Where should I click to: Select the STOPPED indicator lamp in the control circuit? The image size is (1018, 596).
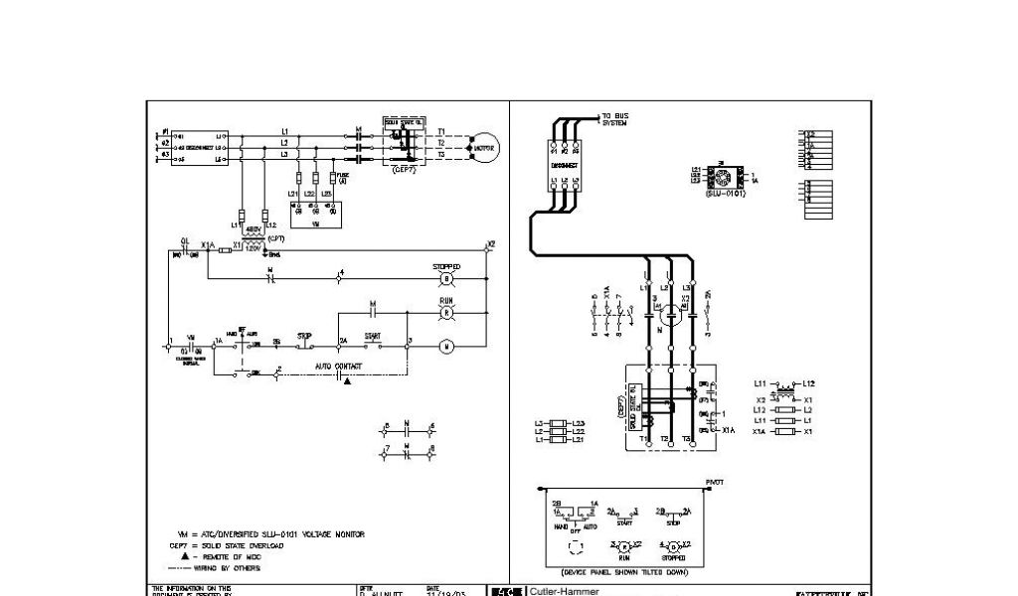[446, 281]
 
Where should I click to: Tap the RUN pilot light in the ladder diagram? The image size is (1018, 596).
[446, 313]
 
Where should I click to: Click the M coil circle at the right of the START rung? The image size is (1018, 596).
[446, 347]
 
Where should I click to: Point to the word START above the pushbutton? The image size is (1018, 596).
[373, 336]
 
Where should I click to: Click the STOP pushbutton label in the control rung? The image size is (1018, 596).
[305, 336]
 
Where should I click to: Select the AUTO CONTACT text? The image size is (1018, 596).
[339, 367]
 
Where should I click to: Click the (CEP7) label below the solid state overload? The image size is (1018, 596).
[404, 170]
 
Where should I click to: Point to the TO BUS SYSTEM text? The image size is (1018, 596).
[615, 119]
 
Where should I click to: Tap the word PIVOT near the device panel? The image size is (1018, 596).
[715, 482]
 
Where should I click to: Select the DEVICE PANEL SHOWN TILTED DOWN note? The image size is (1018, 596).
[623, 572]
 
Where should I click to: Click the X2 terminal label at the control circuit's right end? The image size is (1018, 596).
[490, 243]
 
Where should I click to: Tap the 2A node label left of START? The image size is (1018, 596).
[341, 341]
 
